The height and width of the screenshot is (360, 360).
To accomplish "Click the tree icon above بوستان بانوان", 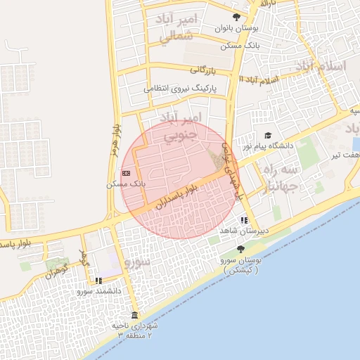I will [x=236, y=18].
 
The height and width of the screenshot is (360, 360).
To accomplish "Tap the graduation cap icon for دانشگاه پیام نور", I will [x=267, y=135].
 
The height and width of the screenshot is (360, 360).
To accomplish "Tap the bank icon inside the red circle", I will [x=126, y=172].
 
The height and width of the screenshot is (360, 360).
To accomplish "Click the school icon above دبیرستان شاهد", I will [x=243, y=220].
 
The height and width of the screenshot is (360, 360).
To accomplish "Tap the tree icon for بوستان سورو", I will [x=240, y=249].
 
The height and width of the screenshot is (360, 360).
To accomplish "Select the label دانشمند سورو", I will [x=99, y=290].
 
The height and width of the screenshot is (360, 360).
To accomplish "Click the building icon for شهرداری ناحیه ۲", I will [x=134, y=314].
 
